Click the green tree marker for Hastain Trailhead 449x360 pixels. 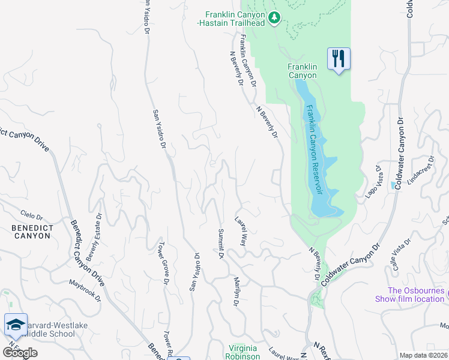(x=274, y=17)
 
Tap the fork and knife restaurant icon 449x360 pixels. (x=339, y=59)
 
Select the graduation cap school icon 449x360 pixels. (x=15, y=325)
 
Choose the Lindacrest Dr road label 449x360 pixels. (x=418, y=175)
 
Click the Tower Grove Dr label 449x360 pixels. (x=162, y=264)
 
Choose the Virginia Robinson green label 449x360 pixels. (x=245, y=352)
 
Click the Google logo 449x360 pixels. (x=20, y=353)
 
